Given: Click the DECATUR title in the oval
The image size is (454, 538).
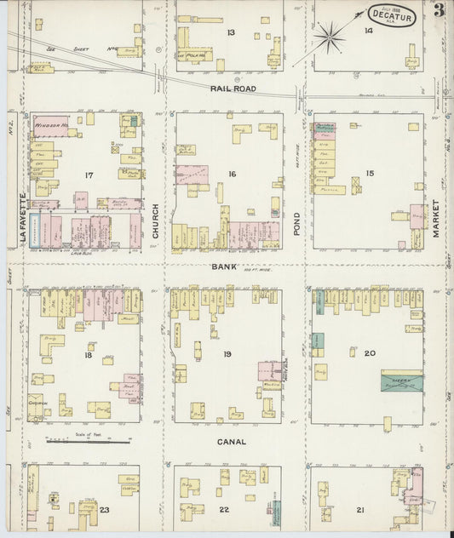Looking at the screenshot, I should coord(393,16).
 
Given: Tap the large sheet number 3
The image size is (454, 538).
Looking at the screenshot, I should coord(438,11).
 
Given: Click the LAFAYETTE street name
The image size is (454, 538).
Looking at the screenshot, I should coord(23,219).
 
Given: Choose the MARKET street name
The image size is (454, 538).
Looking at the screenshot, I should coord(435,219).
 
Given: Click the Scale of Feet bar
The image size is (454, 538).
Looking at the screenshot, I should coord(89,441).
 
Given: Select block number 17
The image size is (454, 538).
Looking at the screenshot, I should coord(89,175).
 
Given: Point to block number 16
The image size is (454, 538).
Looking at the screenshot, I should coord(231,174).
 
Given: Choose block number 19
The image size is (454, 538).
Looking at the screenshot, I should coord(227,353).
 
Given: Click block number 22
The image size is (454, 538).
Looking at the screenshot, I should coord(224,508).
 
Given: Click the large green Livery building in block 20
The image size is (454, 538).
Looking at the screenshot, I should coord(400,381).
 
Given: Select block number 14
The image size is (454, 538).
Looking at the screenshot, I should coord(368,31).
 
